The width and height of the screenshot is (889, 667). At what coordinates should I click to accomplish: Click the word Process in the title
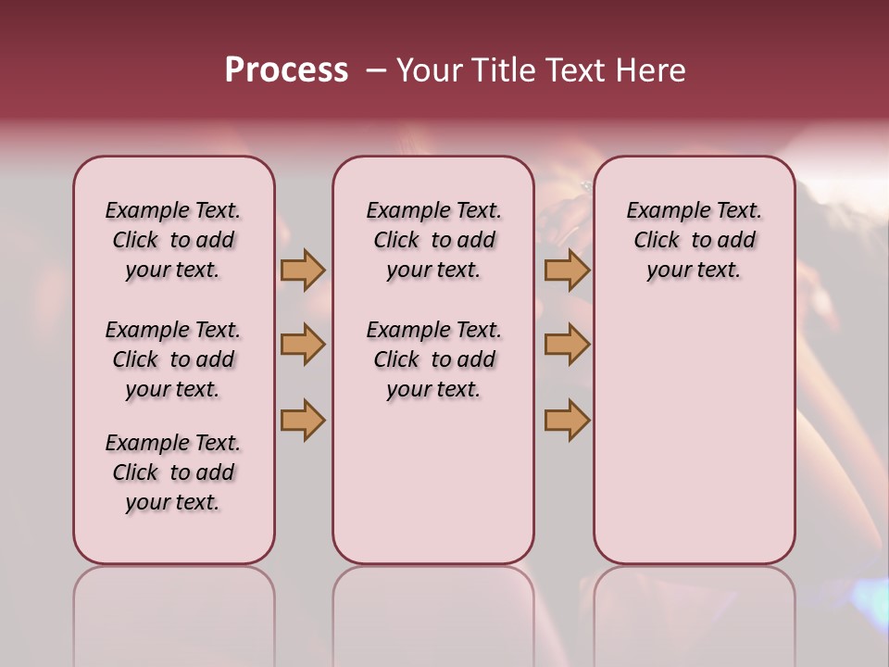coord(286,69)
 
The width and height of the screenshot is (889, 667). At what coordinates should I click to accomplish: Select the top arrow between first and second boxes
coord(303,270)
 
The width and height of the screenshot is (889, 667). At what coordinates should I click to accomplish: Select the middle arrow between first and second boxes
coord(303,345)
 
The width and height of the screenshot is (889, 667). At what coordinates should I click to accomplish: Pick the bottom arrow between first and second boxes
coord(303,420)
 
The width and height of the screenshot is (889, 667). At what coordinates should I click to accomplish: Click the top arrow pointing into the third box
coord(567,270)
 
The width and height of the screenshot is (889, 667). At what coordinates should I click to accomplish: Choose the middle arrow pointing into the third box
coord(567,345)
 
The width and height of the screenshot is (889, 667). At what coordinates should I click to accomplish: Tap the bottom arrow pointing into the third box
coord(567,420)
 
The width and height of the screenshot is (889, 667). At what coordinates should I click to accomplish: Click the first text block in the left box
coord(173,240)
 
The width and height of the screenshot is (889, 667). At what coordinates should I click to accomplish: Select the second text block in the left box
coord(173,359)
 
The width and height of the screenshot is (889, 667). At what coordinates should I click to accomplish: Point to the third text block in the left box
coord(173,472)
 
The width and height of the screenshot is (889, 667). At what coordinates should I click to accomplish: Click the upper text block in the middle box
coord(434,240)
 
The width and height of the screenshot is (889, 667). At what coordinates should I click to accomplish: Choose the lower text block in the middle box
coord(434,359)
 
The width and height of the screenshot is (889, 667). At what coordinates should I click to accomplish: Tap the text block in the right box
coord(695,240)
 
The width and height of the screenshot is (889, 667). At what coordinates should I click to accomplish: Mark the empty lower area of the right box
coord(695,426)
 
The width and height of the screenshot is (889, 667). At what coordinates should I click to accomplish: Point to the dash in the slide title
coord(376,70)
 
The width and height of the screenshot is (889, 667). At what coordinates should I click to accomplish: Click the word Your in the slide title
coord(428,70)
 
